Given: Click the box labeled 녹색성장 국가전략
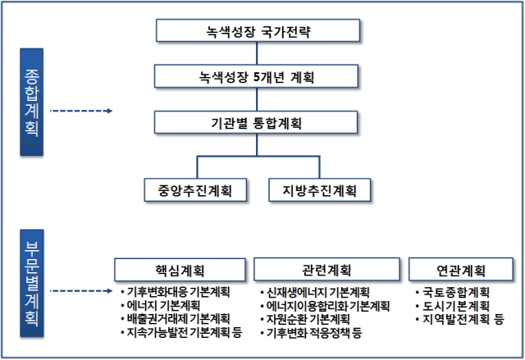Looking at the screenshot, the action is coord(258,30).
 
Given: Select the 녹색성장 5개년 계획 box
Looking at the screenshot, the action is coord(256,76).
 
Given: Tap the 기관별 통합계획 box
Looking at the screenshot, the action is coord(256,122).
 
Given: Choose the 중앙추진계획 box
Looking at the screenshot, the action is coord(195,190).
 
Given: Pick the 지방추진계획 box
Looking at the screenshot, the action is coord(320,190).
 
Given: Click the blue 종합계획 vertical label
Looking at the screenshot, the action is coord(31,102).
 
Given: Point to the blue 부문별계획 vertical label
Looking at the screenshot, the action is coord(32,283).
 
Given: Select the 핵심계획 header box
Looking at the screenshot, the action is coord(180,270).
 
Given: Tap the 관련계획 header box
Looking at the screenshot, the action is coord(326,269).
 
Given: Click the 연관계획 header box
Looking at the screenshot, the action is coord(461,269).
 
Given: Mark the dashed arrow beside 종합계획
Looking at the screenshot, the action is coord(81,111).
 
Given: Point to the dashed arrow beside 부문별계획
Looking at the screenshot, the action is coord(81,291).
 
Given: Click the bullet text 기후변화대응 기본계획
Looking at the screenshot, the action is coord(178,292).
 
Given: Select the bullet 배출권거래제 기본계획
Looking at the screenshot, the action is coord(178,318).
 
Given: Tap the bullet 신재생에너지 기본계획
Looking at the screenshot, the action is coord(317,293).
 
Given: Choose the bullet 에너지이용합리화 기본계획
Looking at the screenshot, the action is coord(328,306).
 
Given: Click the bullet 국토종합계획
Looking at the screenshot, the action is coord(456,293).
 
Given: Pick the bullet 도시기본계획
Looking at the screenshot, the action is coord(456,306).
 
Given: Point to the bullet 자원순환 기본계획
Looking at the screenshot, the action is coord(308,319).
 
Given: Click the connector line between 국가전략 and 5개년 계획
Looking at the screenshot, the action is coord(257,53).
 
